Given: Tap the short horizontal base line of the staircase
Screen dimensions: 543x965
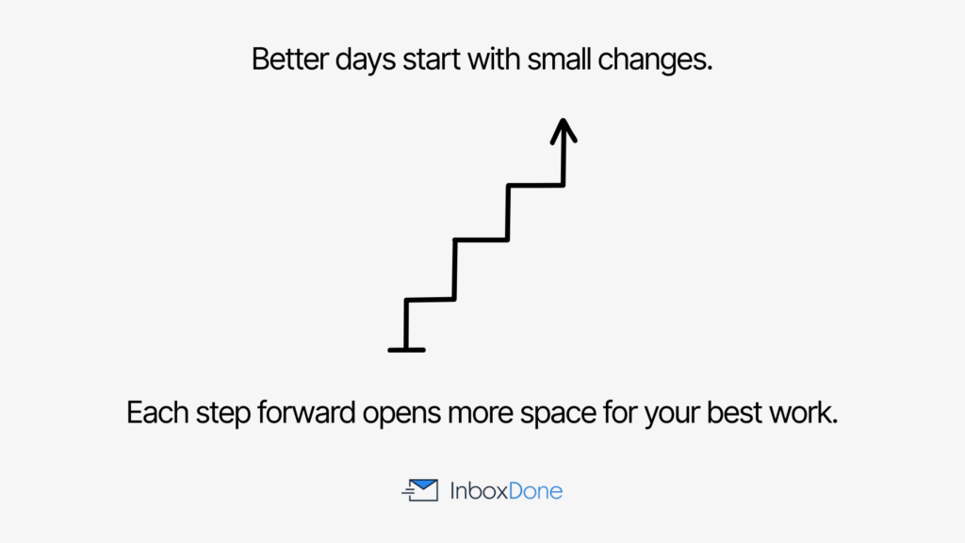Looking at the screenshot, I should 406,350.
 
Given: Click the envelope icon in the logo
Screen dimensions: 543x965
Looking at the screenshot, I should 420,490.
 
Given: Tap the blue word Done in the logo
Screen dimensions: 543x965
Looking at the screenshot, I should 534,491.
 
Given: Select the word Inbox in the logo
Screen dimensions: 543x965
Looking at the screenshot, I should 477,491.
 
